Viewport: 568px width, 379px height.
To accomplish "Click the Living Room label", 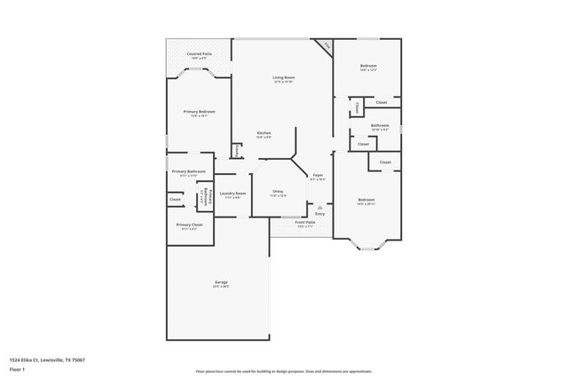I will pos(283,78).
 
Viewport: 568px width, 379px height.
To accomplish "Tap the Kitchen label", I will pos(264,133).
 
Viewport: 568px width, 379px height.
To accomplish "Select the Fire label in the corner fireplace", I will pos(327,45).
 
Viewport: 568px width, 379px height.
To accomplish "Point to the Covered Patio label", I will pos(199,54).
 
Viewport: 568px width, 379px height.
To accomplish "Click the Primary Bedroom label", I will pos(199,112).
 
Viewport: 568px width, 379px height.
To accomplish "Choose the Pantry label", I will pos(236,152).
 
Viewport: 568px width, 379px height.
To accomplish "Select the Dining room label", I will pos(278,192).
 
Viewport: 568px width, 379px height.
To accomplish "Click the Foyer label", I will pos(317,176).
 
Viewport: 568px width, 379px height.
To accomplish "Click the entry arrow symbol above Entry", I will pos(319,207).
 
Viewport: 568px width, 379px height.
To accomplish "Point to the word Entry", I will pos(319,214).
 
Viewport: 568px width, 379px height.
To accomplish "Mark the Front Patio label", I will pos(304,222).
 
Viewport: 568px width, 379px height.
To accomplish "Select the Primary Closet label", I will pos(189,225).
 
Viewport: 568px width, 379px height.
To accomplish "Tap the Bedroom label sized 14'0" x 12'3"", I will pos(367,67).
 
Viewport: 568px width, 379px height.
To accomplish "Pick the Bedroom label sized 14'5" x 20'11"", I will pos(366,200).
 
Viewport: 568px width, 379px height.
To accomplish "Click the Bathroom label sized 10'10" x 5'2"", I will pos(380,125).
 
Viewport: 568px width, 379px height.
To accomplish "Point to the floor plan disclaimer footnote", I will pos(283,371).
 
